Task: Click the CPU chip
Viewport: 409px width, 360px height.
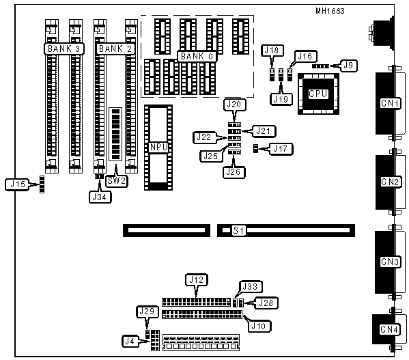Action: pos(318,94)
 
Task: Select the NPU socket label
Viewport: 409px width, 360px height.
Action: pos(158,147)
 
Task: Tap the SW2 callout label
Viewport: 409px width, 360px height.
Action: pos(117,181)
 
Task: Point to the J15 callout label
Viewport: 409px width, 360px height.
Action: pos(18,184)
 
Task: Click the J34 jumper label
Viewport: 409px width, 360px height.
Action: pos(100,197)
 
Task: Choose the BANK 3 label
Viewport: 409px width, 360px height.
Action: pos(64,49)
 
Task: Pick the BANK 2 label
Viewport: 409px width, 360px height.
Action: pos(115,49)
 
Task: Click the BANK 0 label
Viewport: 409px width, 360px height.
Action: pos(197,56)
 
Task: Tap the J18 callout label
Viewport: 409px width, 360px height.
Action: pos(272,50)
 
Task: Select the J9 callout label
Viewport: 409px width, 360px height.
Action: pos(348,65)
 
